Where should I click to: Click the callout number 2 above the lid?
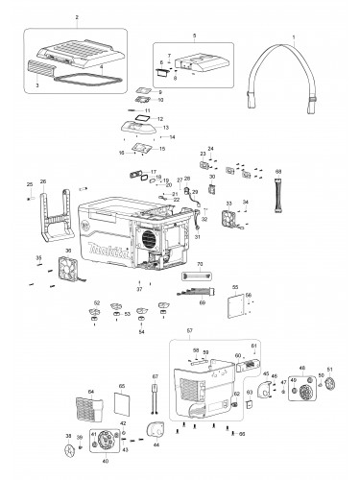click(76, 18)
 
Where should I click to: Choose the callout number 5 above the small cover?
click(195, 36)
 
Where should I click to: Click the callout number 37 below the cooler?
click(140, 289)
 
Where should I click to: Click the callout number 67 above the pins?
click(155, 377)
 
